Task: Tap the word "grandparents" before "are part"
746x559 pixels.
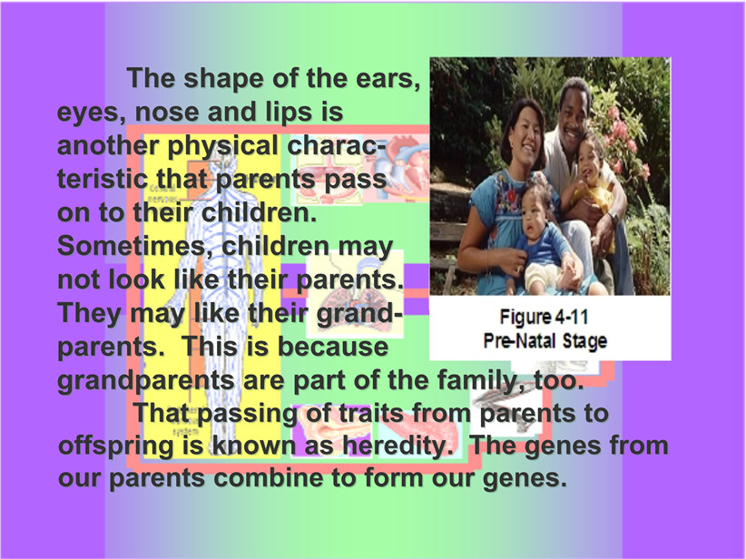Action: tap(146, 381)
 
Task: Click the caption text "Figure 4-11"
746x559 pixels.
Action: tap(544, 317)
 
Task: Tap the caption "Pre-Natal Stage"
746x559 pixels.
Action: tap(545, 340)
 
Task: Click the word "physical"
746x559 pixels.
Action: tap(222, 146)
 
